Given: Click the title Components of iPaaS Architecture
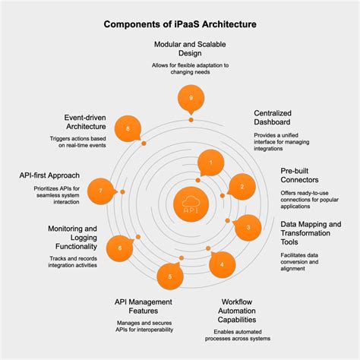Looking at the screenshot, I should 180,24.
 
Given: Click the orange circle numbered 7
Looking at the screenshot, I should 102,191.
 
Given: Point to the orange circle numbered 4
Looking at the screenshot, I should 222,265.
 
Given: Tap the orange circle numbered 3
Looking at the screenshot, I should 248,228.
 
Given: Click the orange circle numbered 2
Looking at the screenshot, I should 242,186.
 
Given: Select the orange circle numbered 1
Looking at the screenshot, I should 210,161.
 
